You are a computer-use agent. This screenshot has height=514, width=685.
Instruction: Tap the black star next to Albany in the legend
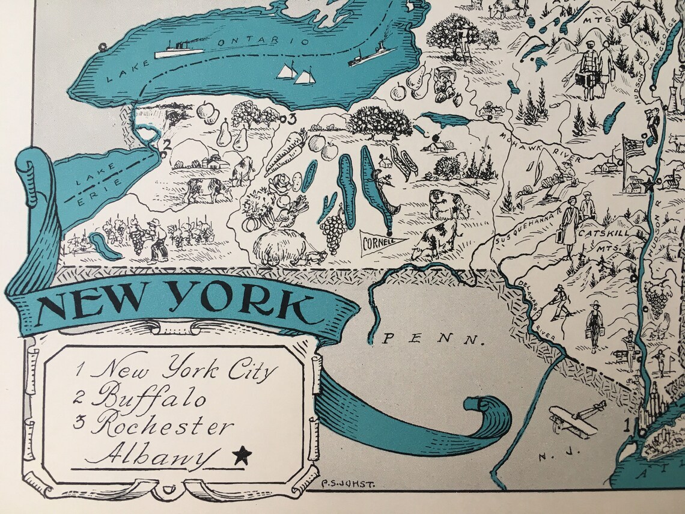tap(242, 455)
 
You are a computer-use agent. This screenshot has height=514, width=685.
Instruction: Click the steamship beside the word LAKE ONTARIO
tap(178, 50)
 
